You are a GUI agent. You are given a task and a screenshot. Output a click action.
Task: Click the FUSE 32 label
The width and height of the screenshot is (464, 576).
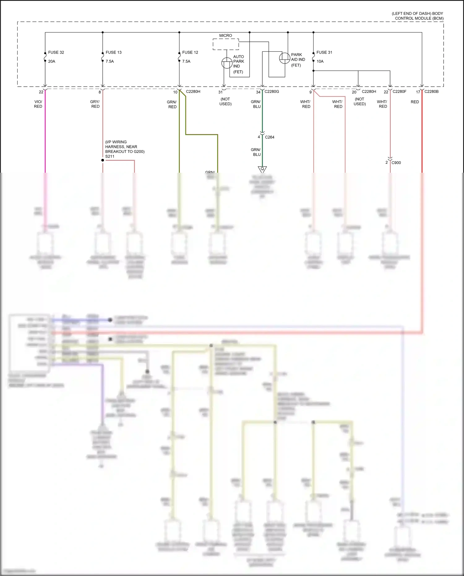tap(56, 52)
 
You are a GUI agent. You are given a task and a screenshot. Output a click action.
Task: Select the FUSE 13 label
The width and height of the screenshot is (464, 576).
tap(114, 52)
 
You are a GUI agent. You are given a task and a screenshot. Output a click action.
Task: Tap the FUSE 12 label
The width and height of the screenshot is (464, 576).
tap(190, 52)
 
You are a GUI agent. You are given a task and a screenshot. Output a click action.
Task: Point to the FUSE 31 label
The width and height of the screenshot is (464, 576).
tap(324, 52)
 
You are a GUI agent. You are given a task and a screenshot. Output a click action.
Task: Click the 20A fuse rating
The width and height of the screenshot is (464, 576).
tap(52, 61)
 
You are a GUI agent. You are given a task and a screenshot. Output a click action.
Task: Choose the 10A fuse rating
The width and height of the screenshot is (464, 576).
tap(320, 61)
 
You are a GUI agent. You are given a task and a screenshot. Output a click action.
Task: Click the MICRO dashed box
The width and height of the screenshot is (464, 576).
tap(226, 44)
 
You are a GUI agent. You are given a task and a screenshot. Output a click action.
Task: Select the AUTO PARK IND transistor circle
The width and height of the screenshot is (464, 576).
tap(227, 63)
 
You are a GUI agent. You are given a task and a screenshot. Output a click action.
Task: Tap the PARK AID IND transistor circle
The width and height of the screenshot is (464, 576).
tap(285, 58)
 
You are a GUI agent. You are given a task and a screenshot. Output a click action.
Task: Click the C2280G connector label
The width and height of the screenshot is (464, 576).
tap(272, 92)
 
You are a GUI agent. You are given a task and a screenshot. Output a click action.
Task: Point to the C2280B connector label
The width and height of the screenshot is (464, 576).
tap(431, 92)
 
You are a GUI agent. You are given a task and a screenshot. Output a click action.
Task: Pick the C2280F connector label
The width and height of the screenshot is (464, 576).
tap(399, 92)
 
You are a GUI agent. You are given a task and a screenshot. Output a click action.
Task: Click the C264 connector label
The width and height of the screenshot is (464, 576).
tap(269, 137)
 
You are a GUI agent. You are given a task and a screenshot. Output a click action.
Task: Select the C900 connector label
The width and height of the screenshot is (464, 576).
tap(396, 162)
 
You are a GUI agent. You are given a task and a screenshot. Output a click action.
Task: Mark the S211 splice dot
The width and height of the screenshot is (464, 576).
tap(103, 160)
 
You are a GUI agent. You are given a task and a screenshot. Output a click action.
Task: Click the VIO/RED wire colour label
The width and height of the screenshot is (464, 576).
tap(38, 104)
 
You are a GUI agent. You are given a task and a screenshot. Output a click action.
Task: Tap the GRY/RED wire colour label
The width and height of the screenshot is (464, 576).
tap(95, 104)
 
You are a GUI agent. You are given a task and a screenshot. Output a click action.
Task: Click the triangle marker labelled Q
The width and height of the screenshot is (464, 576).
tap(262, 169)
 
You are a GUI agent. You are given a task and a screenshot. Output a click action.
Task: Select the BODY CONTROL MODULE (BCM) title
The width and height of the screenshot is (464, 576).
tap(418, 16)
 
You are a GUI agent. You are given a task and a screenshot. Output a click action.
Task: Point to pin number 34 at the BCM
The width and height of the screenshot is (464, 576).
tap(258, 92)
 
